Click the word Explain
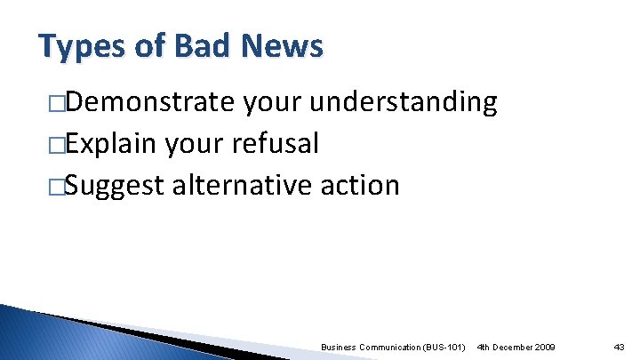(108, 144)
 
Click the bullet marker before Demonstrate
(57, 104)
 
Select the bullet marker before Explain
(57, 145)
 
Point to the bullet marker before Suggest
(57, 186)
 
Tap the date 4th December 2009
(516, 345)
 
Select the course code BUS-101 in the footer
(444, 345)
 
